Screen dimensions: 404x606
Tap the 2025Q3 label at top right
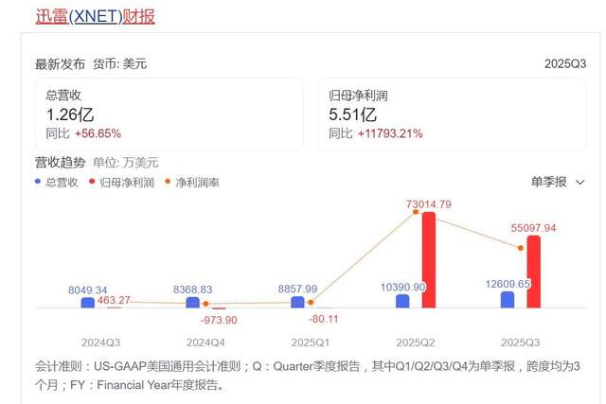tap(565, 64)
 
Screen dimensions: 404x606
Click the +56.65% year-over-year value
tap(98, 133)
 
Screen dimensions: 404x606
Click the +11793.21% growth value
tap(389, 133)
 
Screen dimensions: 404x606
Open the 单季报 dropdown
tap(557, 181)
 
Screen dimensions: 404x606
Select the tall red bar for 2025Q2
tap(428, 259)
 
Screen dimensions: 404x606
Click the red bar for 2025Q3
tap(533, 272)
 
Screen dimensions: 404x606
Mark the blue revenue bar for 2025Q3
tap(508, 299)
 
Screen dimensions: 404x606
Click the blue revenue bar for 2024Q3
tap(88, 303)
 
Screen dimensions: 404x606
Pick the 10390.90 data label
tap(403, 286)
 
